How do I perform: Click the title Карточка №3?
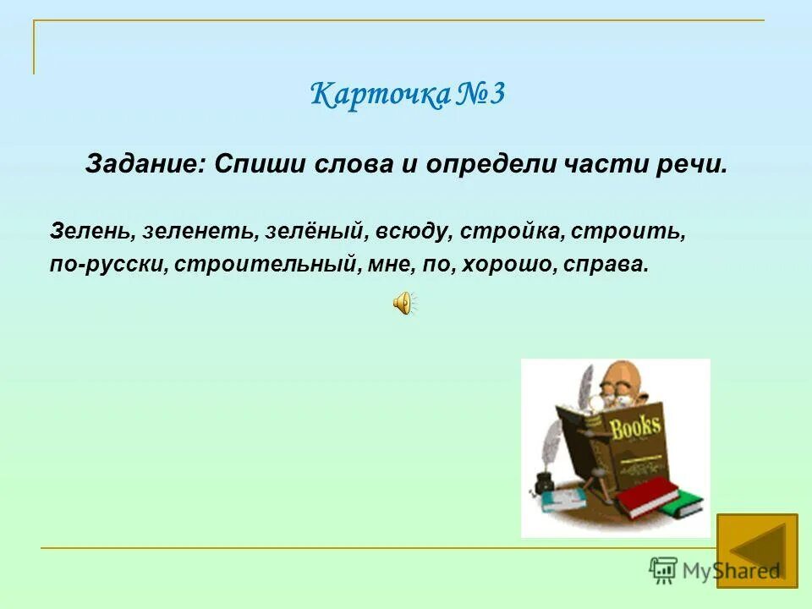pyautogui.click(x=407, y=94)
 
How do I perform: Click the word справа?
pyautogui.click(x=607, y=265)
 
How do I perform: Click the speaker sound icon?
pyautogui.click(x=403, y=302)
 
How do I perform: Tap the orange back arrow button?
pyautogui.click(x=757, y=551)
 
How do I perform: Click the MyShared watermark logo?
pyautogui.click(x=715, y=570)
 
